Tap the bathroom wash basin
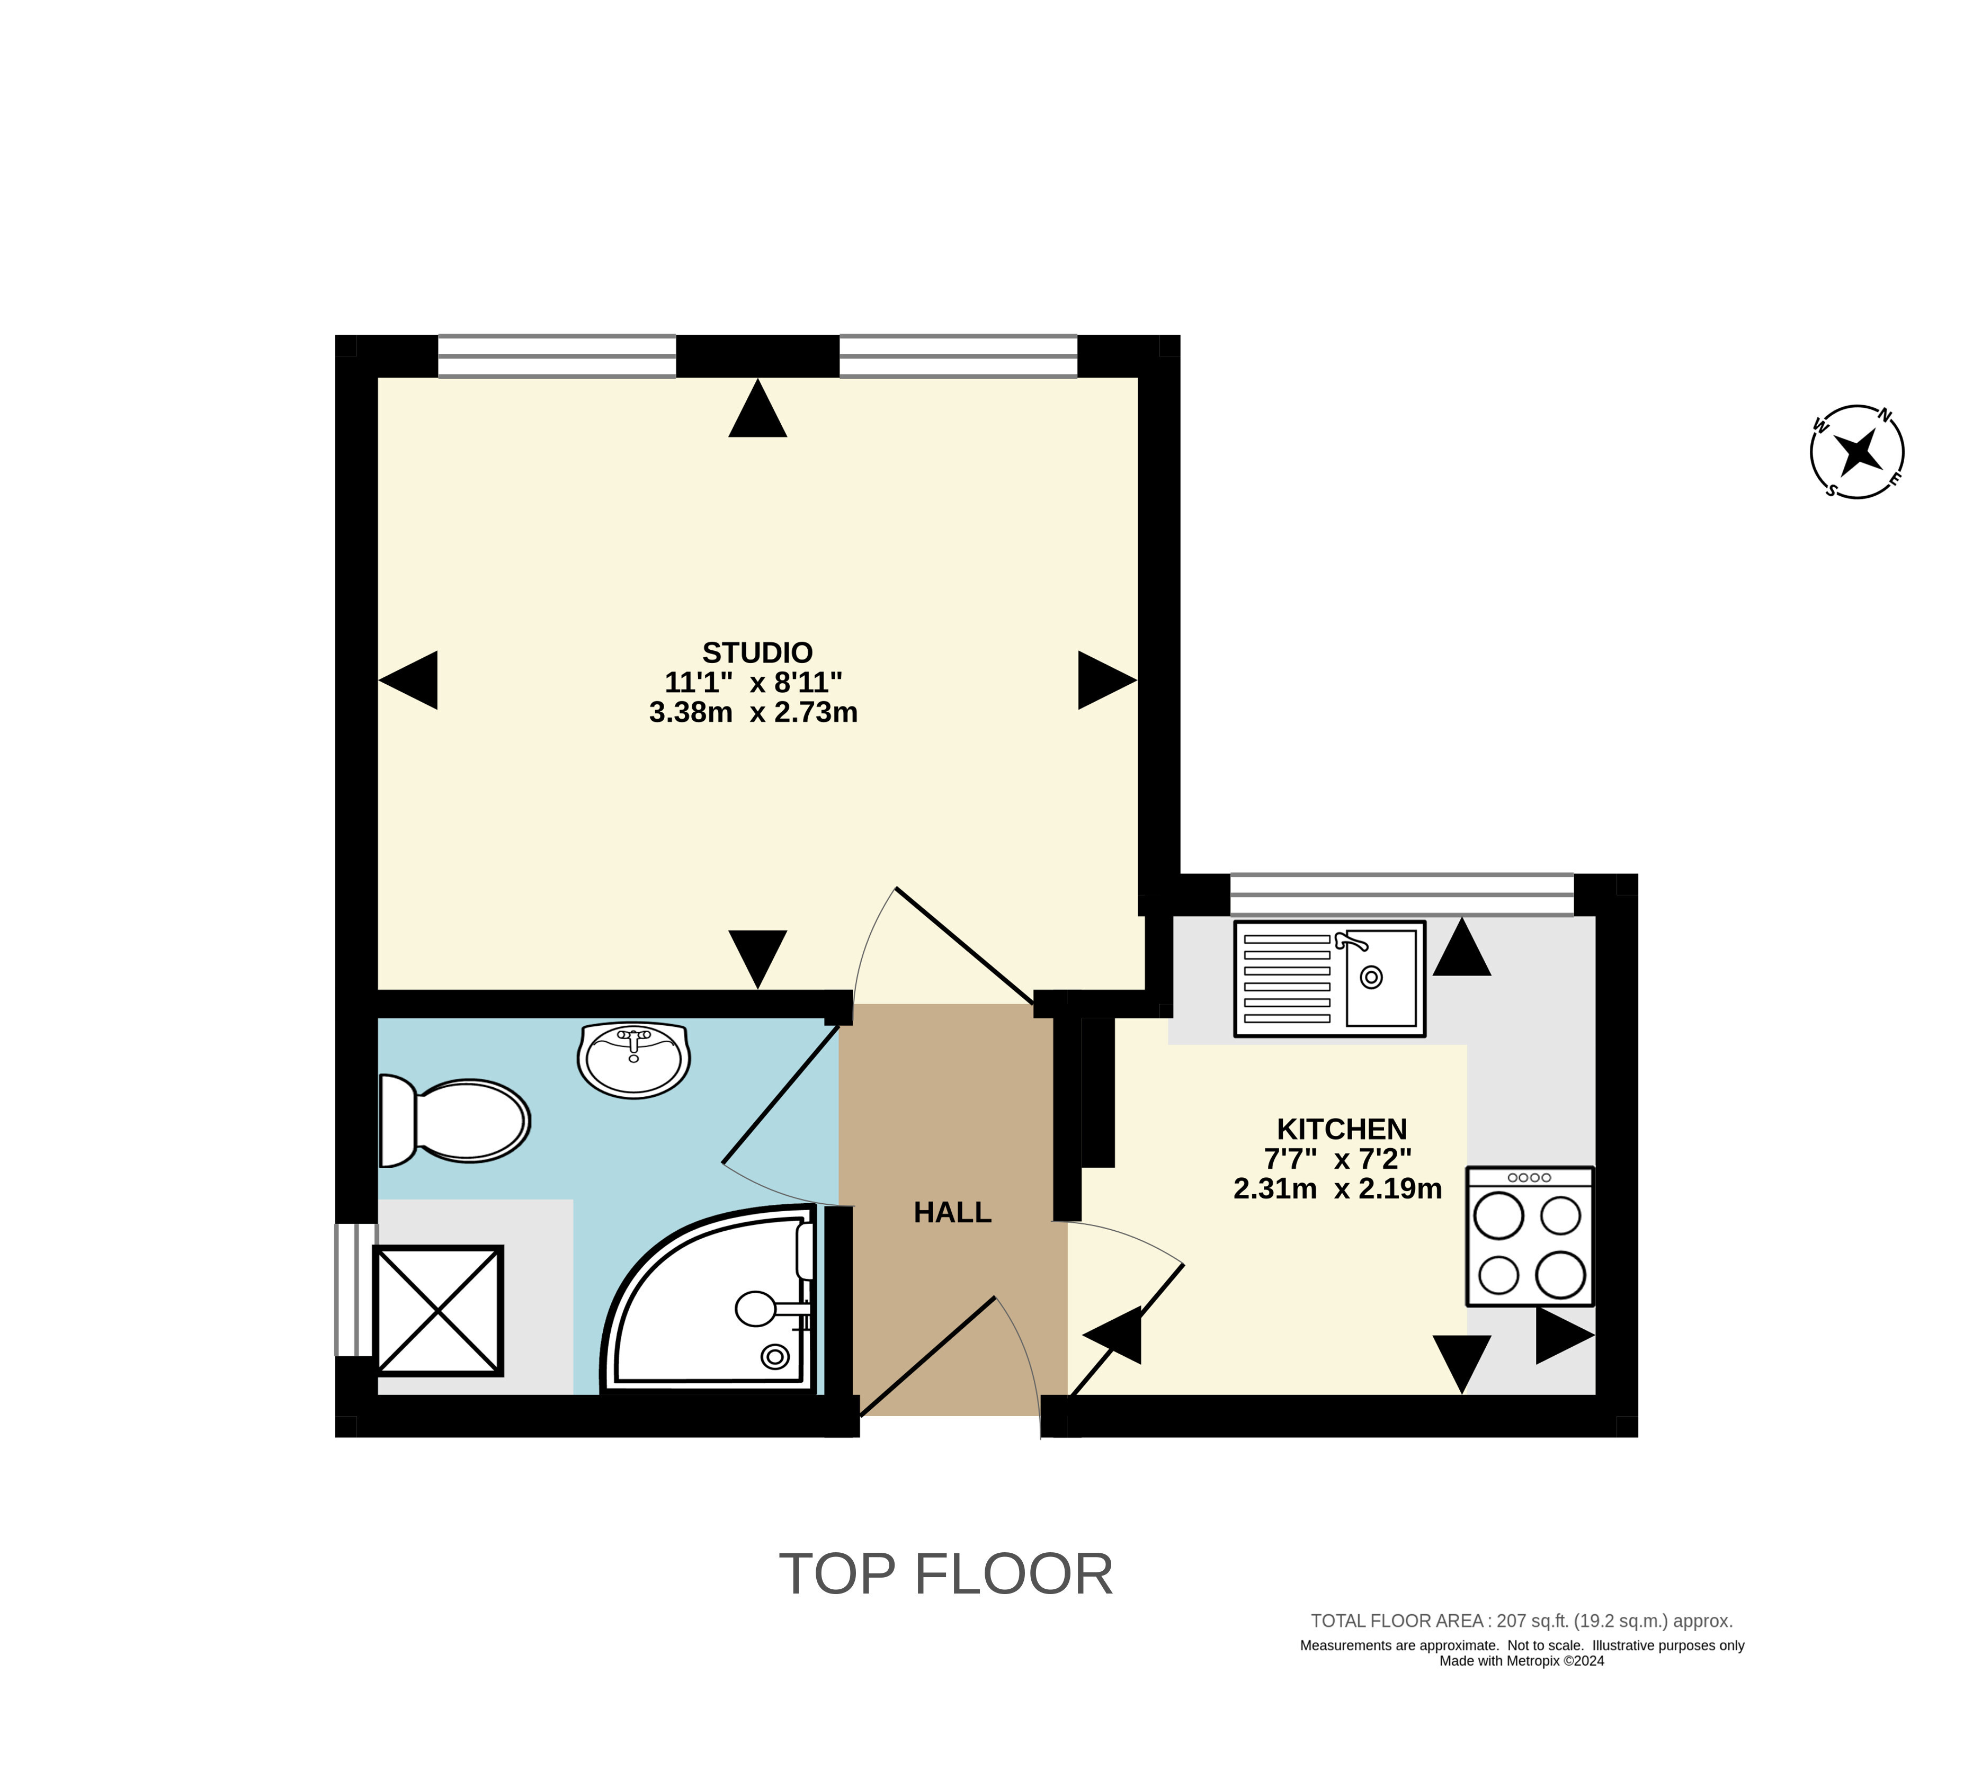(x=633, y=1059)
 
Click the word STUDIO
(x=757, y=652)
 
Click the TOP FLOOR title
(x=945, y=1574)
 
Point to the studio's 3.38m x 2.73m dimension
(x=753, y=713)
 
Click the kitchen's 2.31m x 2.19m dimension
(x=1337, y=1189)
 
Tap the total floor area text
(x=1521, y=1621)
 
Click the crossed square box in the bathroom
(x=439, y=1311)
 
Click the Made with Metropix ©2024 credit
(x=1521, y=1661)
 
